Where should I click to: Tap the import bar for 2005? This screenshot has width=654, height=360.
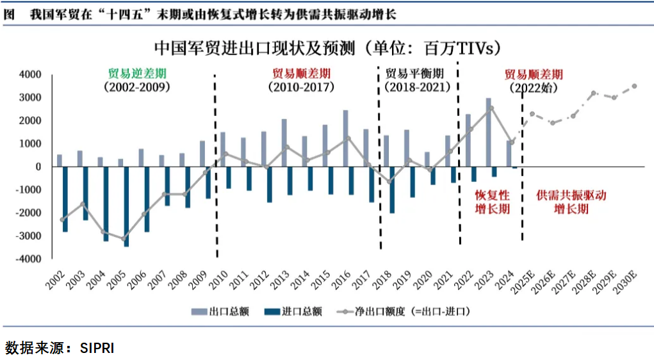click(126, 206)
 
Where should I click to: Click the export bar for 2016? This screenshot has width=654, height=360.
click(346, 138)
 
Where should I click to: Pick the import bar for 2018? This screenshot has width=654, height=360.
click(392, 190)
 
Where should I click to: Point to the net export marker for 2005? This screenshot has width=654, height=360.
click(124, 238)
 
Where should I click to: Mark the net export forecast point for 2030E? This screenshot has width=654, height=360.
click(634, 86)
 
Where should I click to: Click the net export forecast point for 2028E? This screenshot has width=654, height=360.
click(593, 93)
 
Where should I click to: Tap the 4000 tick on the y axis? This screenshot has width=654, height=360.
click(31, 74)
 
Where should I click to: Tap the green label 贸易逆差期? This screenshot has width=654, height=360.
click(136, 72)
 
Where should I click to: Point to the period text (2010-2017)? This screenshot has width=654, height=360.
click(302, 87)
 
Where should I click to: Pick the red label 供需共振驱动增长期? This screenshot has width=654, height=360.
click(571, 202)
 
